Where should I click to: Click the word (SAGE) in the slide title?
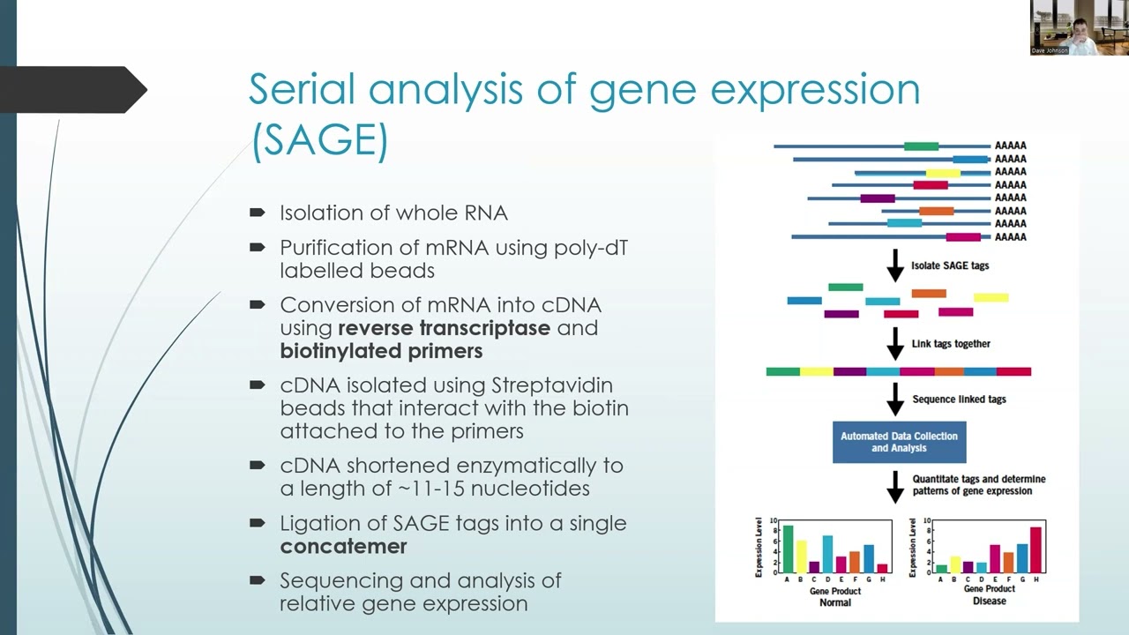click(x=319, y=142)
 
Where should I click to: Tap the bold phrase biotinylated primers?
click(x=381, y=351)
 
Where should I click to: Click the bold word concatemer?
click(x=343, y=546)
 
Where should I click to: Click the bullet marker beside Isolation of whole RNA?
click(x=258, y=213)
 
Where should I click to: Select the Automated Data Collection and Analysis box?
click(x=898, y=442)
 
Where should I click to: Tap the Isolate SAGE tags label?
click(x=950, y=265)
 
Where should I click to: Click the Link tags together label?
click(x=951, y=344)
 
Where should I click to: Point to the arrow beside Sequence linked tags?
click(x=894, y=400)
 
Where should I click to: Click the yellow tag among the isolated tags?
click(x=991, y=298)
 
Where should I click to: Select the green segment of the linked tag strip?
click(x=782, y=371)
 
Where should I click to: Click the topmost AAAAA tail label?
click(x=1010, y=146)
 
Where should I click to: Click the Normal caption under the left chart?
click(x=834, y=602)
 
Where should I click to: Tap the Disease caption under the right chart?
click(x=989, y=601)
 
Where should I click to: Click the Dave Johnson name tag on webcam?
click(x=1050, y=50)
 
